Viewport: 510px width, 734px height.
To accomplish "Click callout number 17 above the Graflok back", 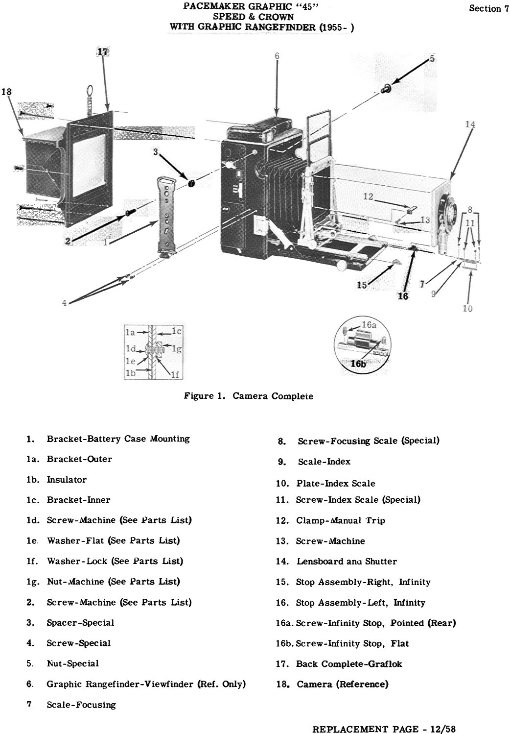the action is pos(103,51).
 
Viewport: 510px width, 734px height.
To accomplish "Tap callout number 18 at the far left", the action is pos(6,92).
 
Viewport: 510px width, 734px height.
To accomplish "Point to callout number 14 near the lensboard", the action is pos(470,124).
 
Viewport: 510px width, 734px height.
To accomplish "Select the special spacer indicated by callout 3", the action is pos(191,183).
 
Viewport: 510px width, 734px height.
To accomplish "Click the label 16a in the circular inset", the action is pos(369,325).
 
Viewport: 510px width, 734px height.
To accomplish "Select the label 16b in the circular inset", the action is pos(358,364).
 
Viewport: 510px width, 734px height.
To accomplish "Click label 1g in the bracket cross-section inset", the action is pos(177,349).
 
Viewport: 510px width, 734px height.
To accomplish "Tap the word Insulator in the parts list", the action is pos(67,480).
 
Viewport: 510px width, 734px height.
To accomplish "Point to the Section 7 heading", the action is pos(489,8).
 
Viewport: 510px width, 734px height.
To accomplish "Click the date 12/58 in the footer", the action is pos(443,729).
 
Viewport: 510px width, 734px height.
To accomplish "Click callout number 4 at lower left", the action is pos(65,303).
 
